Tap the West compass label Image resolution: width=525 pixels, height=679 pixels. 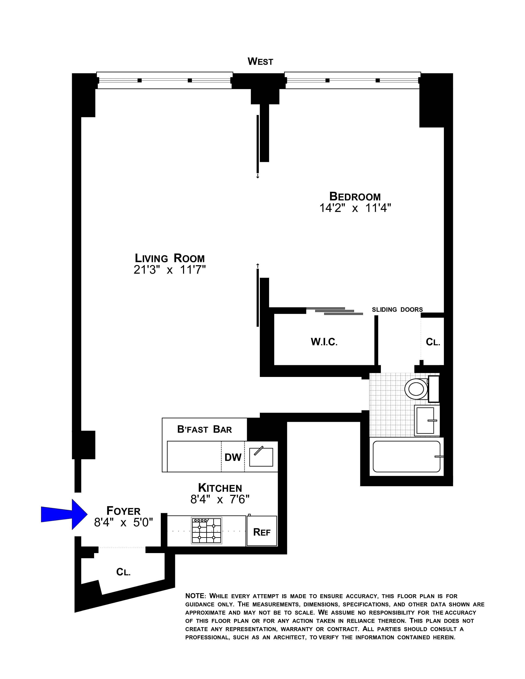260,62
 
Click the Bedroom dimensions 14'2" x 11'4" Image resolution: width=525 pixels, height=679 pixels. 355,208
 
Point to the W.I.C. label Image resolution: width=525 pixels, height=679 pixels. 324,342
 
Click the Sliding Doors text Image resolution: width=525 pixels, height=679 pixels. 397,310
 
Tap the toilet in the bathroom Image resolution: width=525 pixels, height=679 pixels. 416,389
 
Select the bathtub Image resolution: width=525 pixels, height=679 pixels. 406,456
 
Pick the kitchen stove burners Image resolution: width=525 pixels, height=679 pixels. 206,530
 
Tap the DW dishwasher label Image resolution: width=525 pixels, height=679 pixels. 233,457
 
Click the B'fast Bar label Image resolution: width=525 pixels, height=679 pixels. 204,429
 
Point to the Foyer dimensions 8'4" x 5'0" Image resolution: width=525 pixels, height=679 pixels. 124,523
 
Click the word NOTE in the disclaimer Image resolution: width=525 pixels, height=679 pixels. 195,596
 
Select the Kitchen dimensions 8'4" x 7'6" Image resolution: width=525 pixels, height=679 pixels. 220,500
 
